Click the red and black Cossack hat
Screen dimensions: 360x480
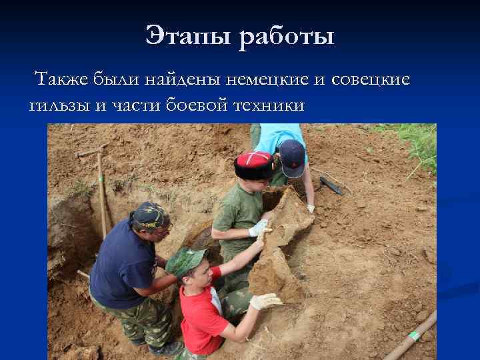[x=253, y=163]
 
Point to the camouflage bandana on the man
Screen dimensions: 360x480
[x=151, y=215]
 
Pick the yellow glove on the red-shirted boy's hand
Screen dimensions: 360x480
[x=265, y=301]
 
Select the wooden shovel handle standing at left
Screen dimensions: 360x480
[x=101, y=193]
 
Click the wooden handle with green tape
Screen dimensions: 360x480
[x=409, y=337]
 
